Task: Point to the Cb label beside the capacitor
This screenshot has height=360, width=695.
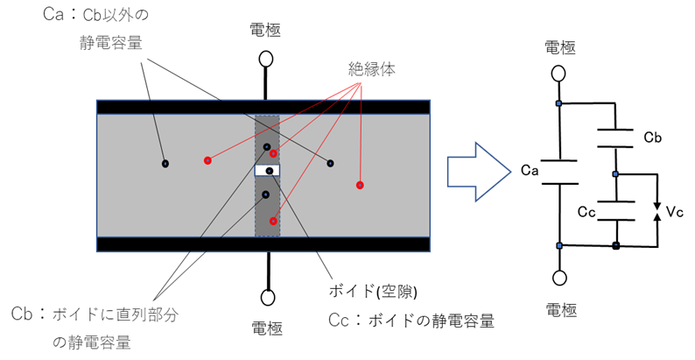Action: point(651,138)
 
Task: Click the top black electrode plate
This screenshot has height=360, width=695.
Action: point(263,107)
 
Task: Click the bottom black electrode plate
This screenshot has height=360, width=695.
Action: point(263,244)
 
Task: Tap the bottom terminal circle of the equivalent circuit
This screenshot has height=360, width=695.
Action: point(558,279)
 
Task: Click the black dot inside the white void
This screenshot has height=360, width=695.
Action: point(270,171)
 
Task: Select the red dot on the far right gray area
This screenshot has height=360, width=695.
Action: point(360,185)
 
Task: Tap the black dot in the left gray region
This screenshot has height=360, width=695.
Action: point(165,164)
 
